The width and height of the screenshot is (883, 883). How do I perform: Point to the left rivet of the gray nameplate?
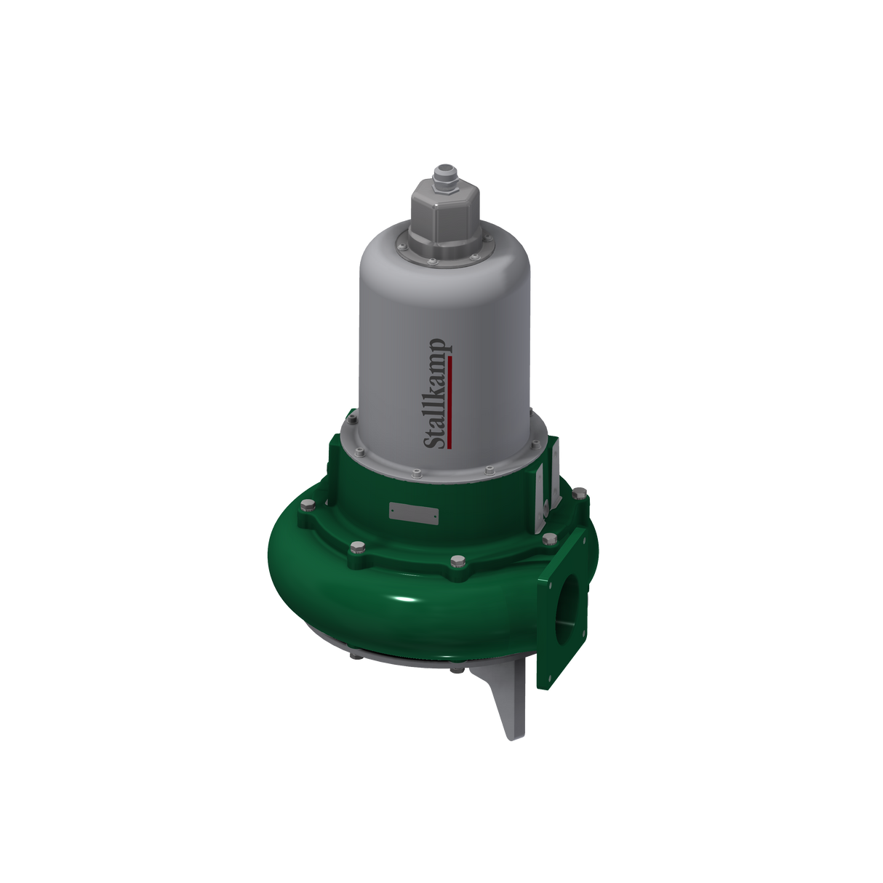pyautogui.click(x=393, y=511)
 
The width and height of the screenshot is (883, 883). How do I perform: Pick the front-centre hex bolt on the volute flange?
pyautogui.click(x=456, y=561)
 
